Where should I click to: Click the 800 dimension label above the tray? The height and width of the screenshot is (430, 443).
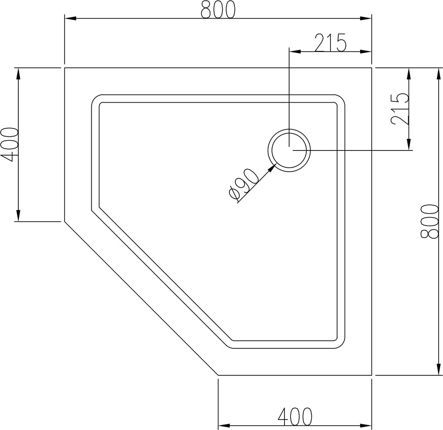[218, 9]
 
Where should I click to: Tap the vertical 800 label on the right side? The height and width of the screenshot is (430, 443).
[430, 221]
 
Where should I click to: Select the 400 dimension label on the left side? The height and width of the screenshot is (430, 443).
[10, 144]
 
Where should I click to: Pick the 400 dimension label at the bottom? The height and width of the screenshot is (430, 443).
[295, 407]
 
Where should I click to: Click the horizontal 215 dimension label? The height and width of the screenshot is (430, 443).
[330, 43]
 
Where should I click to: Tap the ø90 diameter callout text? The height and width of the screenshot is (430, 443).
[244, 185]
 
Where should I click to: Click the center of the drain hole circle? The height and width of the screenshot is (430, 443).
[289, 150]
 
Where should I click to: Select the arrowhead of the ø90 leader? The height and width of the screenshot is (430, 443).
[272, 168]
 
